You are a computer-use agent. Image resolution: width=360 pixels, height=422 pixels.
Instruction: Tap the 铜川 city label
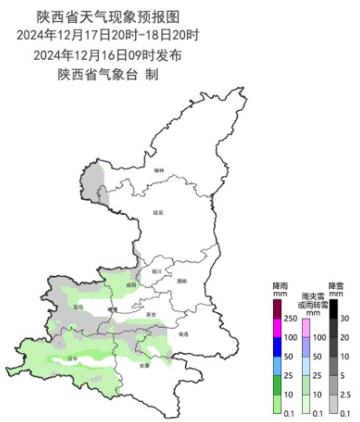pyautogui.click(x=157, y=270)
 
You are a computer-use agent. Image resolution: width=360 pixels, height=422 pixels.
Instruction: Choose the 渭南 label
pyautogui.click(x=181, y=281)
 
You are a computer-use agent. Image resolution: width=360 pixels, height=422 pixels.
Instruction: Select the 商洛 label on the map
pyautogui.click(x=184, y=334)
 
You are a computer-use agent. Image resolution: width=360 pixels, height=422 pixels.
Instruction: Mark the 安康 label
pyautogui.click(x=143, y=367)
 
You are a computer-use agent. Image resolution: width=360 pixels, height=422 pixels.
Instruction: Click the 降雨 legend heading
pyautogui.click(x=280, y=285)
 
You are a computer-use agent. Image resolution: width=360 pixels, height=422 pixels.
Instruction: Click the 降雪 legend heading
pyautogui.click(x=336, y=285)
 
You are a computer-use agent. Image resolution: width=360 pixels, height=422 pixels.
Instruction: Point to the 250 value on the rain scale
pyautogui.click(x=293, y=319)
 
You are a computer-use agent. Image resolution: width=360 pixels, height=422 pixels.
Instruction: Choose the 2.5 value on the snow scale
pyautogui.click(x=345, y=395)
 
